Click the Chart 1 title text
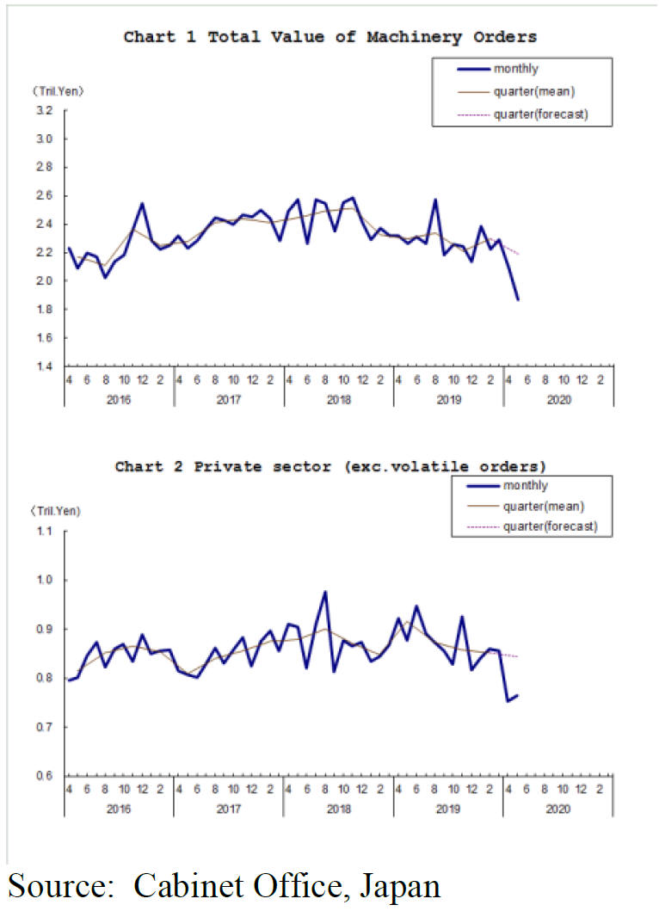[329, 36]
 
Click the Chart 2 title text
[329, 466]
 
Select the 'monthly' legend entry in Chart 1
[516, 69]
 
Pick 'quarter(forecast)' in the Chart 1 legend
[540, 114]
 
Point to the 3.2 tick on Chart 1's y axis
[45, 110]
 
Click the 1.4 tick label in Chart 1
[45, 366]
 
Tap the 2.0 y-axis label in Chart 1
[45, 281]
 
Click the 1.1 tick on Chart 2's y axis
[45, 532]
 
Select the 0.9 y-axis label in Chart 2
[45, 630]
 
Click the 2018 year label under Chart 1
[339, 399]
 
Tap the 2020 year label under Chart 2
[558, 809]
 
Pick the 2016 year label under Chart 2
[120, 809]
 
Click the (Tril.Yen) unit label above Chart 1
[58, 90]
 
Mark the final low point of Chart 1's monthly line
[518, 299]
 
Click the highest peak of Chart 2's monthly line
[325, 592]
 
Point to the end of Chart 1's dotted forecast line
[519, 254]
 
